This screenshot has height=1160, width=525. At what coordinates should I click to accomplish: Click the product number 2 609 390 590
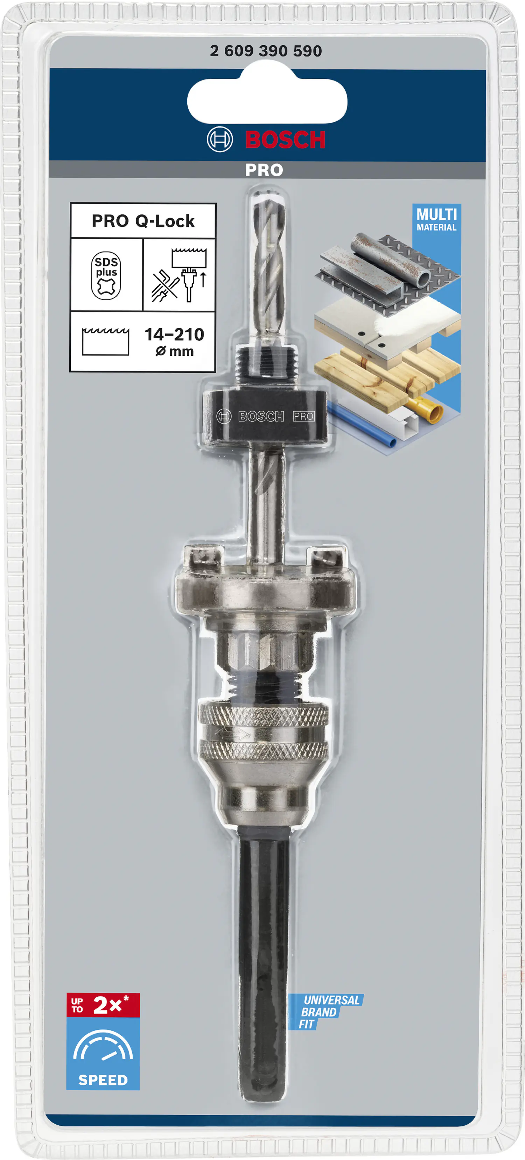[266, 51]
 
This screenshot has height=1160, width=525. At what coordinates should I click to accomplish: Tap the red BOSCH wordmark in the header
[285, 140]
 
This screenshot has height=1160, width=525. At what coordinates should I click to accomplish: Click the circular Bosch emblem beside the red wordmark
[219, 140]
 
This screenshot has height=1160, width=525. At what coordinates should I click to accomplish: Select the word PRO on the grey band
[264, 170]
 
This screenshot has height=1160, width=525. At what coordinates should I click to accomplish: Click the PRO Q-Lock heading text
[143, 221]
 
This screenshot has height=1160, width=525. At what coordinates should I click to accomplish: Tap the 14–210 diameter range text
[174, 334]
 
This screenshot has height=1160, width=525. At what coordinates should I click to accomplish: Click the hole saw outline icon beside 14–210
[105, 342]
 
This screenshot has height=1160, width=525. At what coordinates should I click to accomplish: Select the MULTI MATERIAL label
[436, 219]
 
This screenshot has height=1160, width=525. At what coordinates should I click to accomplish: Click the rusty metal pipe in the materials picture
[392, 259]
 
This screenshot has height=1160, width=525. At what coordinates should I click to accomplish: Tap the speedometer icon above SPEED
[103, 1046]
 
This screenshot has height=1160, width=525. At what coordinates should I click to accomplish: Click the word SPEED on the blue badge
[103, 1080]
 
